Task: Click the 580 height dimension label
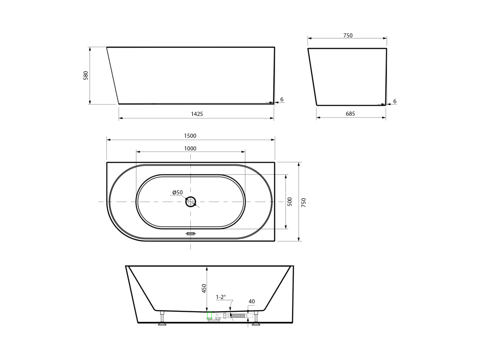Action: point(86,75)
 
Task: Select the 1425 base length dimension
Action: point(197,114)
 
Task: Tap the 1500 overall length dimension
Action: point(190,136)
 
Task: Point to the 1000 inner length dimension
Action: point(190,149)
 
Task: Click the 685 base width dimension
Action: point(350,114)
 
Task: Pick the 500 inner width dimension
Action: point(290,202)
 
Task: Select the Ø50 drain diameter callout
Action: point(178,193)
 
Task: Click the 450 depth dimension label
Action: point(204,288)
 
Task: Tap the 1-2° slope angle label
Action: point(221,297)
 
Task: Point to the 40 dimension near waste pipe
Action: point(252,301)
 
